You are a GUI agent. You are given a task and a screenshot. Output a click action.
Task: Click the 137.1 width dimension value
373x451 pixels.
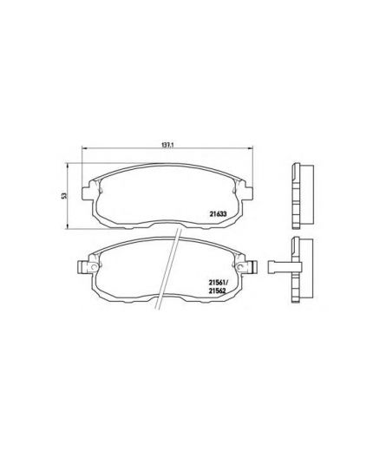point(167,145)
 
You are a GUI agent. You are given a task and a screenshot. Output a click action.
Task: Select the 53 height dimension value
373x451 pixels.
point(63,198)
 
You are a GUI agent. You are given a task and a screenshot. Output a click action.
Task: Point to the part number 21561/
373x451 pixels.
point(219,282)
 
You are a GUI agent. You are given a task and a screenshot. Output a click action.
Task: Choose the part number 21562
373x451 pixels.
point(218,291)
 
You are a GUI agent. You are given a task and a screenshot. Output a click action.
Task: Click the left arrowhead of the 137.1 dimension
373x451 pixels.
point(84,151)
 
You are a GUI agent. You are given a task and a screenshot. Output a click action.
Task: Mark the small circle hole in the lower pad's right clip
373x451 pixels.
point(254,263)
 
